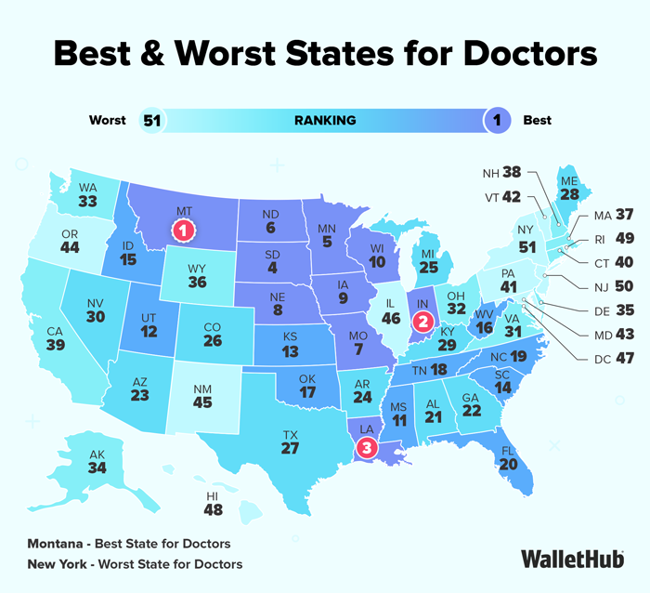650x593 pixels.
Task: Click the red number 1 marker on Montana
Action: pos(184,228)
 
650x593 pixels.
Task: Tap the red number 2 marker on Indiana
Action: pos(423,323)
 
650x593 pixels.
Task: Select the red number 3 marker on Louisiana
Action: pos(367,448)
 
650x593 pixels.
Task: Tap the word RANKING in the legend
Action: pos(325,121)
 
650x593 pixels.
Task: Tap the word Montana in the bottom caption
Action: pos(54,543)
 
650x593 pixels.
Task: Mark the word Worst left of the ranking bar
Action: pos(107,121)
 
